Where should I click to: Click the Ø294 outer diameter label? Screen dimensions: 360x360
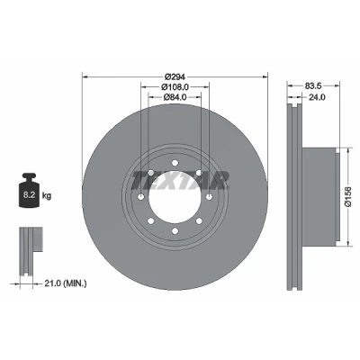[x=175, y=76]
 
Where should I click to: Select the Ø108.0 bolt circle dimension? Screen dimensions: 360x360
[x=175, y=87]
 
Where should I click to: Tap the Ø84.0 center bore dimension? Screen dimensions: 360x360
[x=175, y=97]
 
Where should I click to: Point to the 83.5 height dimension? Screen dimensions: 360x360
[x=313, y=85]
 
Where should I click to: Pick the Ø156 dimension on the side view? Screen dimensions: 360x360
[x=348, y=196]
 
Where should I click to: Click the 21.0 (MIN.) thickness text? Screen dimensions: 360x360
[x=66, y=283]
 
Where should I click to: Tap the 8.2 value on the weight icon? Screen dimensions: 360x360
[x=30, y=195]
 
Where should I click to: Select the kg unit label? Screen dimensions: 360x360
[x=47, y=196]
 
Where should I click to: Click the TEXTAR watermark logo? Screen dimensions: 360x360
[x=180, y=180]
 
